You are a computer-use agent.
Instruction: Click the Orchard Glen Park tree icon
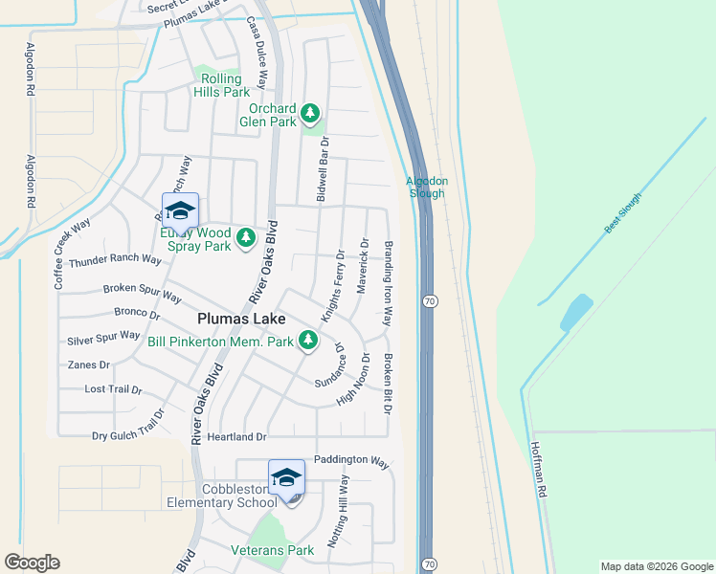click(x=309, y=114)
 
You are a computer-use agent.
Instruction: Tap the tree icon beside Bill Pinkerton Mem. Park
click(x=307, y=340)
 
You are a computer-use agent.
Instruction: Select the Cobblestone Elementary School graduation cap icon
click(x=286, y=477)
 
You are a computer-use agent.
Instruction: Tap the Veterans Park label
click(x=273, y=550)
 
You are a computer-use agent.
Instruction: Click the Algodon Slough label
click(x=426, y=187)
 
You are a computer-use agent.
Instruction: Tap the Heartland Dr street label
click(x=233, y=437)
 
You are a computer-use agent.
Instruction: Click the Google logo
click(x=33, y=563)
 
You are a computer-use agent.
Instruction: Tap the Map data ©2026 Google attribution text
click(x=656, y=566)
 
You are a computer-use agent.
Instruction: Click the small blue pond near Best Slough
click(x=576, y=312)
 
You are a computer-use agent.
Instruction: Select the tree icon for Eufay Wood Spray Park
click(x=246, y=236)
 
